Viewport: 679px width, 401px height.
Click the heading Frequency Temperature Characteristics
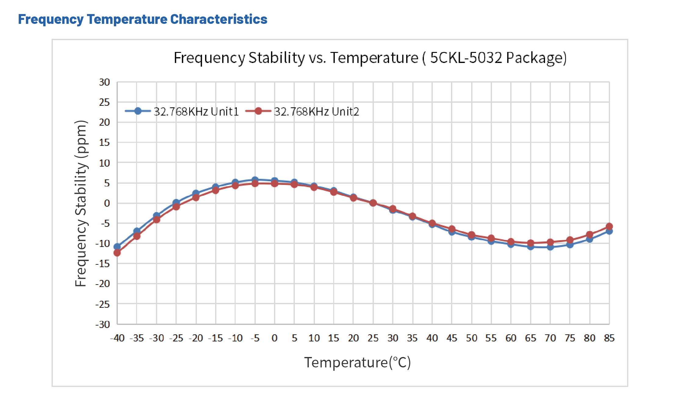pos(143,19)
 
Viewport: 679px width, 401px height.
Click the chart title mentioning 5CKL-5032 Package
pos(370,58)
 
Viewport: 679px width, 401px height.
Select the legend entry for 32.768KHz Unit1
pos(196,112)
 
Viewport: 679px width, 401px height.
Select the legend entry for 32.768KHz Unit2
pos(316,112)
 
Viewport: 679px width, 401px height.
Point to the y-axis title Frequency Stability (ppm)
pos(81,203)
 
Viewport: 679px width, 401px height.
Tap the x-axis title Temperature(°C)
pos(357,362)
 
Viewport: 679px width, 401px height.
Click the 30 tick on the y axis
pos(104,82)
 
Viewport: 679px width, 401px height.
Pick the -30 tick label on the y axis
pos(103,324)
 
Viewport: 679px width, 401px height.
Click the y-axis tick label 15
pos(104,142)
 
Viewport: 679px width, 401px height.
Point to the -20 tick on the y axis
pos(103,284)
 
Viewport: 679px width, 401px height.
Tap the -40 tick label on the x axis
pos(117,338)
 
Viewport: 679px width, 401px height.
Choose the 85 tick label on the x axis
pos(609,338)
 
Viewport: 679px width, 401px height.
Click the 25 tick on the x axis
pos(373,338)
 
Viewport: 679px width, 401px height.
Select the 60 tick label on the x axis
pos(511,338)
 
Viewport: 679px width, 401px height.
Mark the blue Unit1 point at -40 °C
pos(117,247)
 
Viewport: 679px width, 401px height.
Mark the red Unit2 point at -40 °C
pos(117,253)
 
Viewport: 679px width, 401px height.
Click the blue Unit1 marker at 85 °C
pos(609,231)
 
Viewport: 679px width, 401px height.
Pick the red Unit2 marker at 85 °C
pos(609,226)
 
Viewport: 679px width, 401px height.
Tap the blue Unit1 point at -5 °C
pos(255,180)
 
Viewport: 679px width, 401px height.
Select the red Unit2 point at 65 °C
pos(531,243)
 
